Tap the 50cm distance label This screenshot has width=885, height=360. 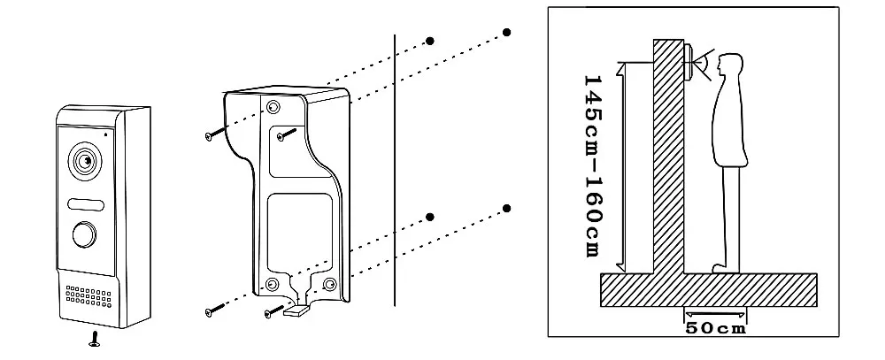point(715,329)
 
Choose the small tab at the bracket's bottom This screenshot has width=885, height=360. point(299,310)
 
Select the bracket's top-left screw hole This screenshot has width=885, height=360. point(273,107)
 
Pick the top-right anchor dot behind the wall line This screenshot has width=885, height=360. point(507,33)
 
